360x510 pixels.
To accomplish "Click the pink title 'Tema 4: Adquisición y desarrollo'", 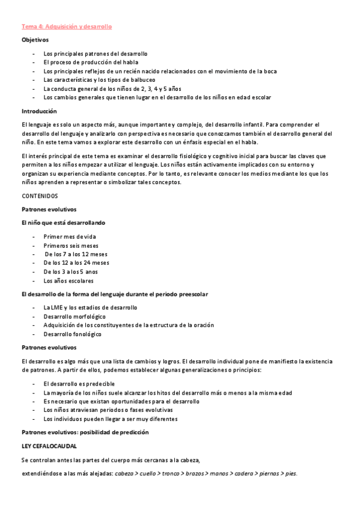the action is [x=67, y=27].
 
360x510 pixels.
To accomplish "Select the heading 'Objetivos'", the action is [x=35, y=40].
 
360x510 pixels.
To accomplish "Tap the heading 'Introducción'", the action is [x=39, y=111].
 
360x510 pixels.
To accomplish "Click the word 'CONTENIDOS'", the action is [x=40, y=196].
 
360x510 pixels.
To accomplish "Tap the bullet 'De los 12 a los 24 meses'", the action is [x=76, y=263].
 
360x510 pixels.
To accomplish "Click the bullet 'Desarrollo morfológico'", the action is [x=75, y=316].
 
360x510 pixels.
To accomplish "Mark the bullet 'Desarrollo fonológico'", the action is [x=73, y=334].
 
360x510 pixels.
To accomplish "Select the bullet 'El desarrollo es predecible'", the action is [x=79, y=384].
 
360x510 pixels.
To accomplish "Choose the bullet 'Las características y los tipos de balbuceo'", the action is [x=99, y=79].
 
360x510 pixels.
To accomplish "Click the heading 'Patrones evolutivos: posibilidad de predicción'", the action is [x=85, y=432].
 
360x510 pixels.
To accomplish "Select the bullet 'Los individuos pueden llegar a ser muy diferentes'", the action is [x=111, y=419].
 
